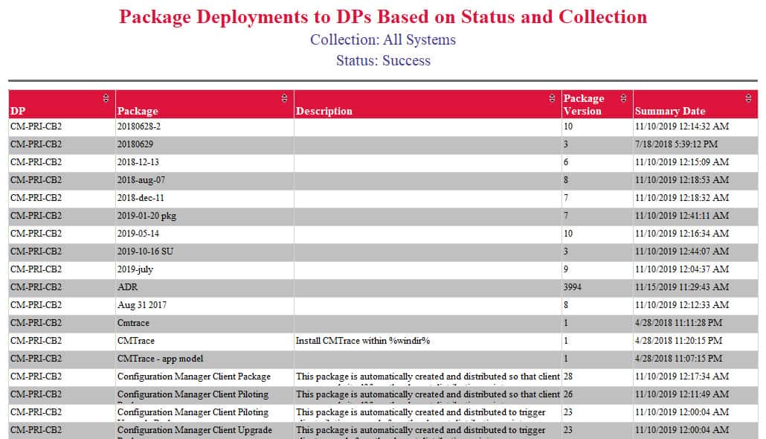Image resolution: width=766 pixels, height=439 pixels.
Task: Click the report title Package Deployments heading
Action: click(x=383, y=16)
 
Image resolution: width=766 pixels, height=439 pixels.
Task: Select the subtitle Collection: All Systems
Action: click(x=383, y=39)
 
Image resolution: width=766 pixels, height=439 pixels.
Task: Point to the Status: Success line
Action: click(x=383, y=60)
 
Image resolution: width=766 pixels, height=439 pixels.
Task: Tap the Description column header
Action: click(x=324, y=111)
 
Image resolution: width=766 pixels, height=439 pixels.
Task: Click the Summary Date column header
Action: click(x=669, y=111)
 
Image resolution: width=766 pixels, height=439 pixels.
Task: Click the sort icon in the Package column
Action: click(x=283, y=98)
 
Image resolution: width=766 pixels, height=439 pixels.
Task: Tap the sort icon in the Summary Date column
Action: click(x=748, y=98)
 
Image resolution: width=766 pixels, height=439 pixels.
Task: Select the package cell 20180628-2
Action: click(x=139, y=126)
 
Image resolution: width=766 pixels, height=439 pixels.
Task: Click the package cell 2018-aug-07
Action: click(x=141, y=180)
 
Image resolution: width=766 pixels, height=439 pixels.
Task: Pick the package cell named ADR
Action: click(x=127, y=287)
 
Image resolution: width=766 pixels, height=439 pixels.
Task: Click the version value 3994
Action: click(x=573, y=287)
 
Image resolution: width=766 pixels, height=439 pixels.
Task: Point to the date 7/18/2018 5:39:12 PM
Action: click(x=676, y=144)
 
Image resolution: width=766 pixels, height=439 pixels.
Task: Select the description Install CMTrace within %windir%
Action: click(x=363, y=341)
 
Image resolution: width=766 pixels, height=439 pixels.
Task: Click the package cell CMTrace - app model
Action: click(x=160, y=359)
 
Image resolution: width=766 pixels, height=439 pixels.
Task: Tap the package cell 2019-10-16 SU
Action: click(x=145, y=251)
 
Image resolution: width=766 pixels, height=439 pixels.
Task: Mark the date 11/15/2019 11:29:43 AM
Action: click(x=682, y=287)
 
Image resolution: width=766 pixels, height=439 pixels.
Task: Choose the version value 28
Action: click(x=568, y=376)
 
